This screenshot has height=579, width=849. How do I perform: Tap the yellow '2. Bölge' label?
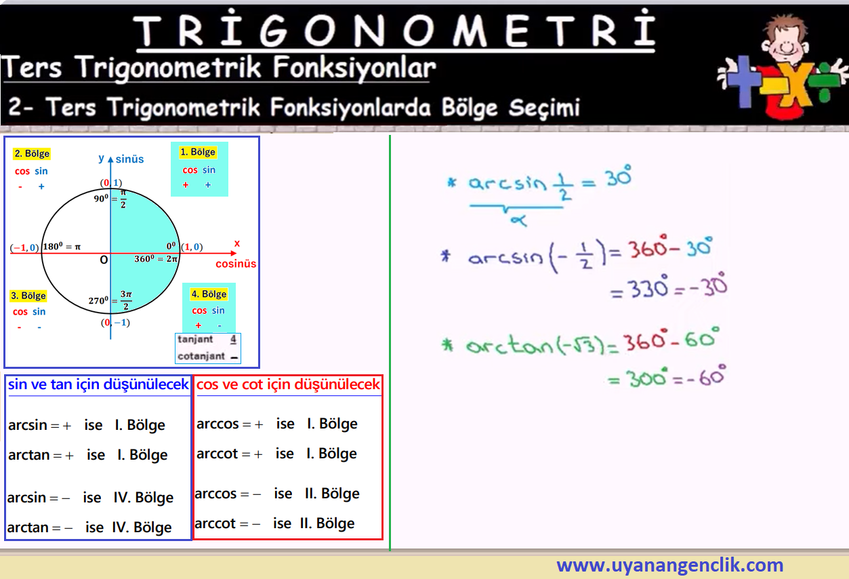coord(32,154)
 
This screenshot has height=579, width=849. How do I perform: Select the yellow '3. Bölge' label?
coord(28,296)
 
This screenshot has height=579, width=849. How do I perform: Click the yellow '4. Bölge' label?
coord(209,294)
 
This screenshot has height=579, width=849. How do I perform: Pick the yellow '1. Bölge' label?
coord(198,152)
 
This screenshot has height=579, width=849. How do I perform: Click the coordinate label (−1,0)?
coord(24,247)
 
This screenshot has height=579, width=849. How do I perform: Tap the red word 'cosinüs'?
coord(236,264)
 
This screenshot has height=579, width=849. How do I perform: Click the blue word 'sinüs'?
coord(129,159)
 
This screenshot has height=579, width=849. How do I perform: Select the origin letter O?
coord(104,260)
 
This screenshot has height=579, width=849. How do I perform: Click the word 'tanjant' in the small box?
coord(195,339)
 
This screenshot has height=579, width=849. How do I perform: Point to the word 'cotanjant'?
coord(201,356)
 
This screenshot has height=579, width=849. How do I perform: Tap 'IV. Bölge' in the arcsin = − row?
coord(143,498)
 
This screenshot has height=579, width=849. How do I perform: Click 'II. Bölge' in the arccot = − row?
coord(327,523)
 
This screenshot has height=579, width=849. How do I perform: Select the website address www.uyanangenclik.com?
coord(669,565)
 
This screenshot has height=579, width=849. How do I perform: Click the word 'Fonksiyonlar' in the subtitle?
coord(355,68)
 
